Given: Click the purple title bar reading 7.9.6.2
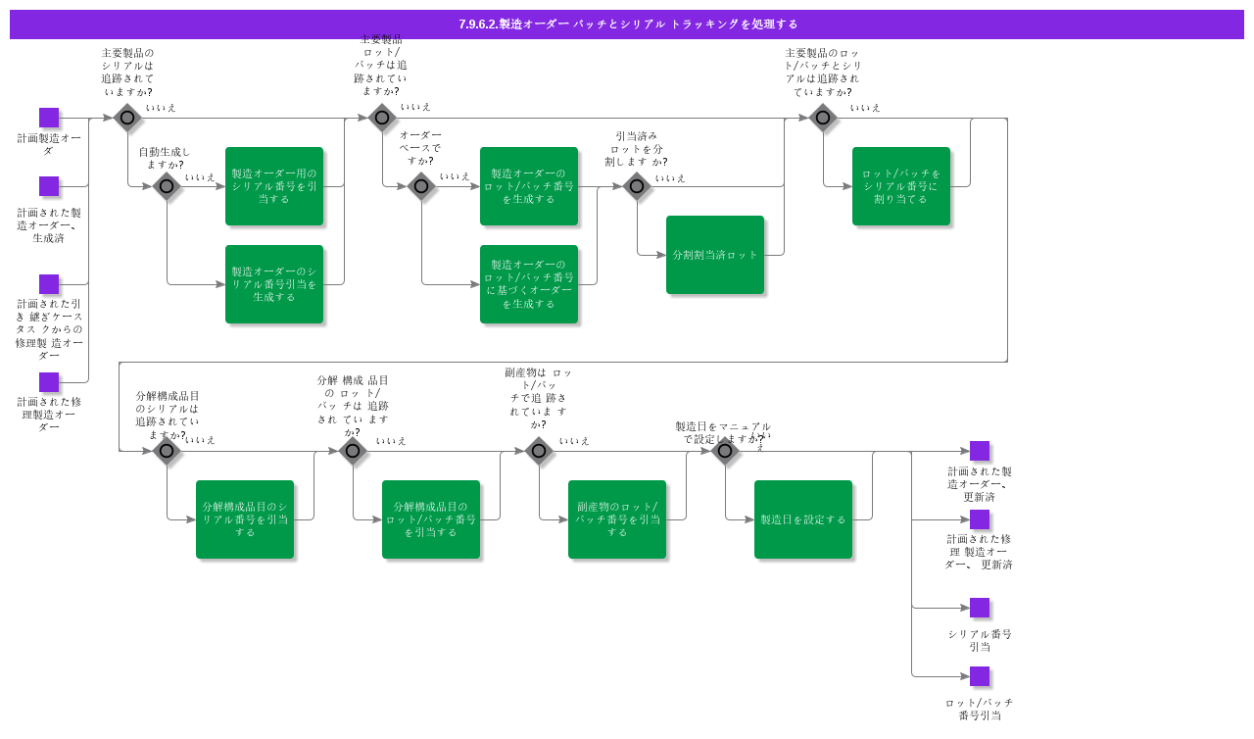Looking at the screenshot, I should [627, 25].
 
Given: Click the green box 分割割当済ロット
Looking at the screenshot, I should [715, 255].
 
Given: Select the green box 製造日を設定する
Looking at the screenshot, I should [803, 519].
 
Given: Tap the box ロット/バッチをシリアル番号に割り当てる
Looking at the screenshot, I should [901, 186].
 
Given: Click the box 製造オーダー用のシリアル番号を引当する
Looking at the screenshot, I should [274, 186].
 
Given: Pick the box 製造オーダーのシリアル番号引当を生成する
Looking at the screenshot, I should [274, 284].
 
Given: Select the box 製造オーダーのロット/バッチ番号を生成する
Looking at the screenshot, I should [529, 186].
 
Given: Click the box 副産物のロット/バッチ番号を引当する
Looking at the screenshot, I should [617, 519].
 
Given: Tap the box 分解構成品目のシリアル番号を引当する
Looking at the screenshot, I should [245, 519].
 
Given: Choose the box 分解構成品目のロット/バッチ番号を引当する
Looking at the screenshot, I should [431, 519].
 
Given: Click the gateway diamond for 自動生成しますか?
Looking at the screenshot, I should [167, 186].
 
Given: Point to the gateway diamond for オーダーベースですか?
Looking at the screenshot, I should [421, 186].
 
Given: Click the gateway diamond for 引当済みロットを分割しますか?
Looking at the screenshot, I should [637, 186].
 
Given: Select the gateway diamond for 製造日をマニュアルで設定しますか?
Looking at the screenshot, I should [725, 451].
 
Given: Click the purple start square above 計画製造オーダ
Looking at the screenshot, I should [49, 118].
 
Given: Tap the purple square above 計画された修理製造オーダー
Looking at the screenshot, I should [49, 382].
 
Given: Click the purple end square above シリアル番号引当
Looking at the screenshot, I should [980, 608].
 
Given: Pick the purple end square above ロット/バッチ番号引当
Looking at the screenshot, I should [980, 676].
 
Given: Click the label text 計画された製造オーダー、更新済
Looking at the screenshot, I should [980, 484].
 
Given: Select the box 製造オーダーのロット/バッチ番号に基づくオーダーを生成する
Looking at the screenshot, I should [529, 284].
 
